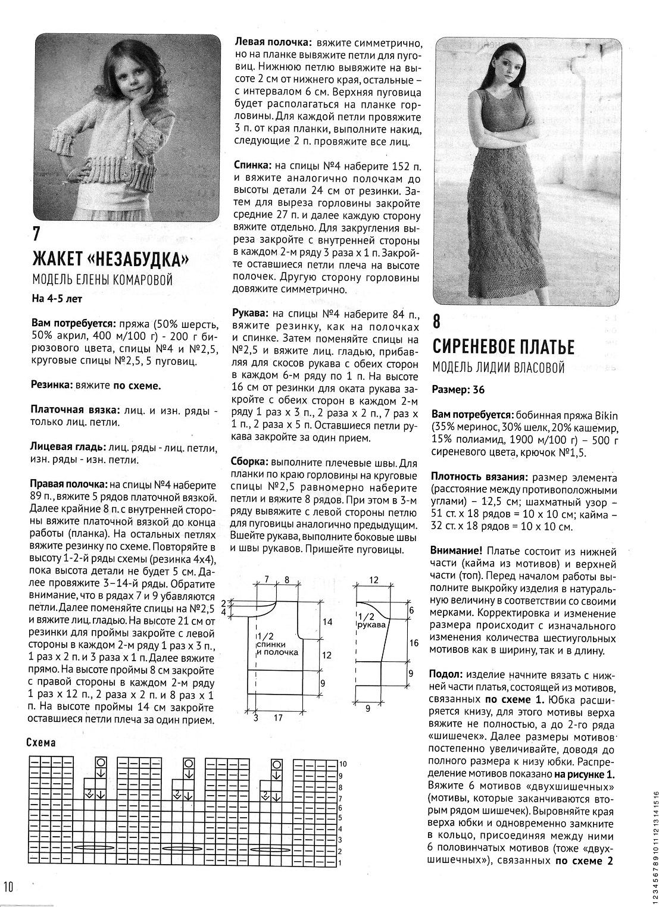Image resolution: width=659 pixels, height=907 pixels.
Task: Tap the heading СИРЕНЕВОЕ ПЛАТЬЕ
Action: pos(503,346)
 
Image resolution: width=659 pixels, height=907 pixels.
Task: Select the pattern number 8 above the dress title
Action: pos(436,322)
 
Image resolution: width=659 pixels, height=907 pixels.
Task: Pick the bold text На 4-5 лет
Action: pos(56,299)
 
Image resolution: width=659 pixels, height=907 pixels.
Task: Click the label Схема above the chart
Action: pos(41,742)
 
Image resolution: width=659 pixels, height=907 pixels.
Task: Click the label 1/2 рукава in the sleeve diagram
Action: pos(371,621)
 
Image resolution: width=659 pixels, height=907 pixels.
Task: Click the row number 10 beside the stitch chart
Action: pos(343,764)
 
